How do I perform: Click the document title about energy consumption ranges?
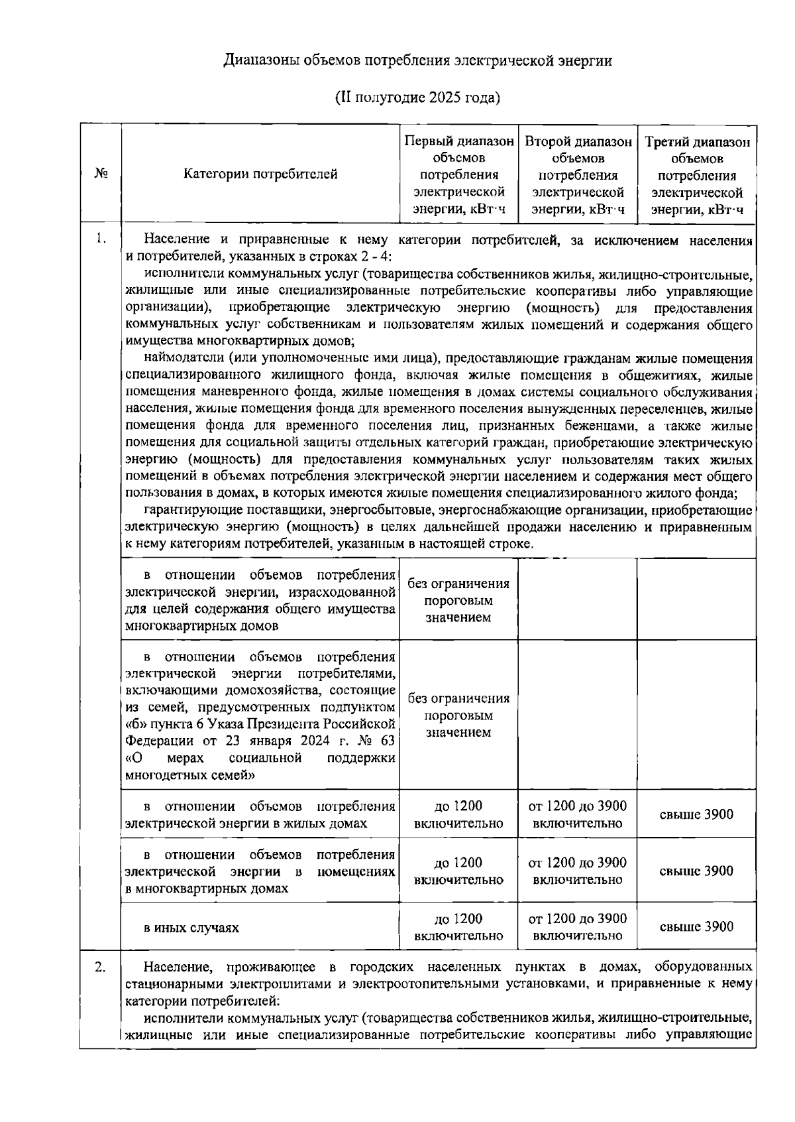417,62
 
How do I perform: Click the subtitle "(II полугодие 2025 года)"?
417,98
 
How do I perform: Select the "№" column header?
100,174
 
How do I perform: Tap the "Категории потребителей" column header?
260,174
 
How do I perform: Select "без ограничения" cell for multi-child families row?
458,716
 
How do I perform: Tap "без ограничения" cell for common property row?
458,600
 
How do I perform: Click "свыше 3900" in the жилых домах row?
696,815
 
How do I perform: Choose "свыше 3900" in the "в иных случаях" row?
696,927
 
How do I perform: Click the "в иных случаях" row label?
191,928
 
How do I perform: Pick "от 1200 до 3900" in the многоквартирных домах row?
577,871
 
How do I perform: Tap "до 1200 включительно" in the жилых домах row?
458,815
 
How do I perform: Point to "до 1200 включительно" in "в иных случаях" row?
458,927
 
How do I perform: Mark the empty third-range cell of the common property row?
696,599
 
